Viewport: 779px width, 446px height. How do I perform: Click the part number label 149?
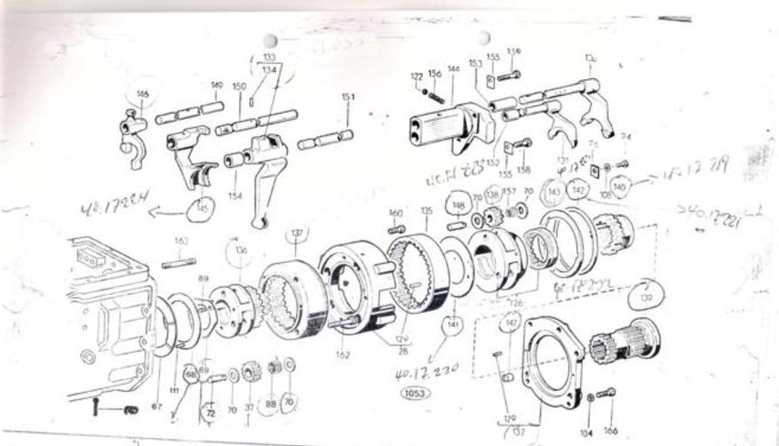tap(217, 85)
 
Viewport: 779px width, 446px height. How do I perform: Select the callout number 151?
tap(348, 97)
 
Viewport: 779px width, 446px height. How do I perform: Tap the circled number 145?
tap(202, 210)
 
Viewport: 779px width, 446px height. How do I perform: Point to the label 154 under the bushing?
tap(234, 195)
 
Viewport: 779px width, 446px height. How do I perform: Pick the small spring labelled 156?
tap(436, 97)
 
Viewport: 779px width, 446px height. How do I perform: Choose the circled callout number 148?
tap(458, 206)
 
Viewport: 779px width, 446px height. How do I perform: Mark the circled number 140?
tap(620, 187)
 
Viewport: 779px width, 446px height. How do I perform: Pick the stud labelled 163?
tap(180, 261)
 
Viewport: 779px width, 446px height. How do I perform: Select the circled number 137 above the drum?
tap(297, 234)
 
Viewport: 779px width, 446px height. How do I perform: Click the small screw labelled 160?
tap(396, 229)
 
